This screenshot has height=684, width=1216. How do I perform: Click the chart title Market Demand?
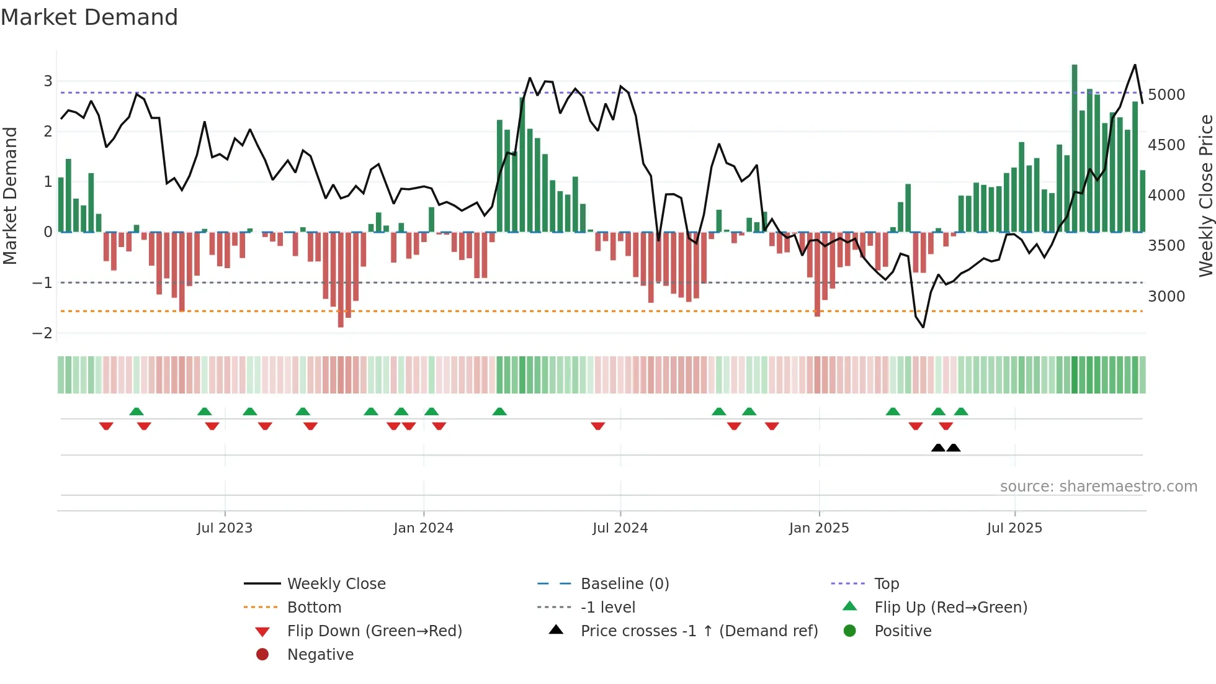point(89,17)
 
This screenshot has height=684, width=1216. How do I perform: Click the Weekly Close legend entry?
point(336,583)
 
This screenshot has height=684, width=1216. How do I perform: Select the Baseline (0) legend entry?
point(624,583)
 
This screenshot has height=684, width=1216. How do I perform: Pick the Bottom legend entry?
point(314,607)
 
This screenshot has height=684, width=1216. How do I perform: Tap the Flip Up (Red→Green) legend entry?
point(950,607)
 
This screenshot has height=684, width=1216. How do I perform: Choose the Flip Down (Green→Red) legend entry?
point(374,631)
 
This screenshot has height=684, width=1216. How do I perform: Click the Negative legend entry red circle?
point(262,654)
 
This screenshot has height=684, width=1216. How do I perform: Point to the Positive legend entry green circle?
point(850,631)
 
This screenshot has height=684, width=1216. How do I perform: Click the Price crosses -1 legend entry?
point(699,631)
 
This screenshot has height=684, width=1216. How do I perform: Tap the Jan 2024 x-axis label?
point(423,528)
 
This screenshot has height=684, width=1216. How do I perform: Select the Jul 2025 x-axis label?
point(1014,528)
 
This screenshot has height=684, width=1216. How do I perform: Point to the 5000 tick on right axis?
point(1166,94)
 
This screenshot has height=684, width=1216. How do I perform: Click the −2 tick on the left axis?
point(42,333)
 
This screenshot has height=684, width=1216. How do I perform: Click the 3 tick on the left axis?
point(48,81)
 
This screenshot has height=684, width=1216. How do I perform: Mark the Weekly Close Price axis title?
point(1205,196)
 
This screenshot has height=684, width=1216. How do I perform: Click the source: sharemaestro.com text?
point(1098,486)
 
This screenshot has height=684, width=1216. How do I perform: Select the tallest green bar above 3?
point(1075,149)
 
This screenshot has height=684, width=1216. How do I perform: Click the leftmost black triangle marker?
point(938,448)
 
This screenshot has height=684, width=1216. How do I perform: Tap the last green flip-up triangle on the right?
point(961,412)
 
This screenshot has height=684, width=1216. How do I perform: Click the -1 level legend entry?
point(607,607)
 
